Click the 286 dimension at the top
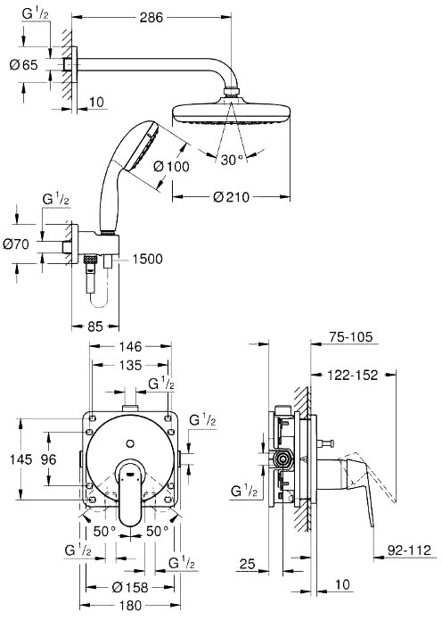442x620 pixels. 151,18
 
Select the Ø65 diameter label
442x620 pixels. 24,64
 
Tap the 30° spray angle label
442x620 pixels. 232,160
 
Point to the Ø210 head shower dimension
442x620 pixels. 232,196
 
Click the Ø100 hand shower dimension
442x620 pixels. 171,167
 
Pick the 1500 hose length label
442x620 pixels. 147,259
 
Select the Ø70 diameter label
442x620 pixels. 16,244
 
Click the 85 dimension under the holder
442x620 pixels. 94,327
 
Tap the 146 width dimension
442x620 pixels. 130,346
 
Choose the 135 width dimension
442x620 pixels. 130,365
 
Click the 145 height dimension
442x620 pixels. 20,459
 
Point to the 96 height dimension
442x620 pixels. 49,459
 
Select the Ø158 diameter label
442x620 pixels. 130,588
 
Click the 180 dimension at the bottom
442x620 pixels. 130,606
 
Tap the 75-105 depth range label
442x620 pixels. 350,336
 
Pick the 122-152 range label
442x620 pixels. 353,375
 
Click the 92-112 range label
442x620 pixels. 409,550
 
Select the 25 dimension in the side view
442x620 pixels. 248,564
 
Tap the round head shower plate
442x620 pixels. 232,114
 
